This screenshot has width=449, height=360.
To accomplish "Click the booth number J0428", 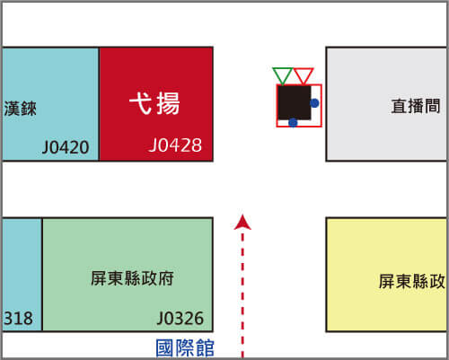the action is coord(175,145).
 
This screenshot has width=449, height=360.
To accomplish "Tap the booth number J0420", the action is coord(66,147).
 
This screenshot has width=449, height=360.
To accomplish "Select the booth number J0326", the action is coord(180,318).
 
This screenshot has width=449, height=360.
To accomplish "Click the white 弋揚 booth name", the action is coord(154,103).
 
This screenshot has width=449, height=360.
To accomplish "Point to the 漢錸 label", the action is coord(20,109).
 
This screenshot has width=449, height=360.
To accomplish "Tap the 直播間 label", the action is coord(416,106).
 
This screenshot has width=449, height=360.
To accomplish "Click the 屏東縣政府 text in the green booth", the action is coord(132,278).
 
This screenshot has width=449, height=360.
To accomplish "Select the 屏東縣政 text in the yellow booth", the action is coord(412,281).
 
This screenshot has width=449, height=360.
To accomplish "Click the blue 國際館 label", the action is coord(185,347).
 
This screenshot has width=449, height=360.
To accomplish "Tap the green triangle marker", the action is coord(282,75).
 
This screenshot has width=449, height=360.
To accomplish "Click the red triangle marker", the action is coord(304,75).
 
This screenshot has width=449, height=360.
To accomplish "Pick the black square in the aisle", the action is coord(295,102).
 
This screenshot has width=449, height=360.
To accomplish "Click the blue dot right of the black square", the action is coord(314,103).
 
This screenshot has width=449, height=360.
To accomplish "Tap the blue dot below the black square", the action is coord(293,122).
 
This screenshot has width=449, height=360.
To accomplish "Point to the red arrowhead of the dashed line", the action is coord(242,223).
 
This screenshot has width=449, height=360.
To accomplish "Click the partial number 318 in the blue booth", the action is coord(18,318).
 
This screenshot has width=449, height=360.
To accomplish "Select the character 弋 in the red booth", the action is coord(141,103).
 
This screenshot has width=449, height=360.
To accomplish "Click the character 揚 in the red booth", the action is coord(168,103).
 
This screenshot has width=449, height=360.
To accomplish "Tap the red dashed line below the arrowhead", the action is coord(242,294).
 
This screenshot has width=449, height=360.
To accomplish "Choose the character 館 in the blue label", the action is coord(205,347).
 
